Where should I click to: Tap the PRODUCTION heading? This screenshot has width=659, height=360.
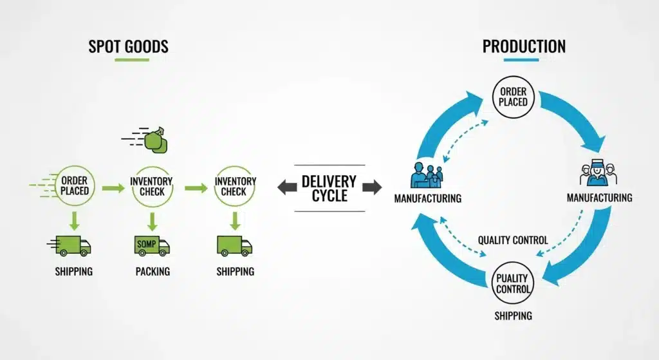click(524, 46)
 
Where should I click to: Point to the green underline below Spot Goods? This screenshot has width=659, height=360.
click(132, 60)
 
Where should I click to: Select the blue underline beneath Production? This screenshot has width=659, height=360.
click(521, 60)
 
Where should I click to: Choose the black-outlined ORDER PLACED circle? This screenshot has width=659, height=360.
click(513, 97)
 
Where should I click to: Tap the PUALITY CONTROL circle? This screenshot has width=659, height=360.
click(513, 284)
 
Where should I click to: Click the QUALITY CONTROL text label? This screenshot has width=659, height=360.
click(513, 240)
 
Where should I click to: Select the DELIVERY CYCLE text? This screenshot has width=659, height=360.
click(329, 188)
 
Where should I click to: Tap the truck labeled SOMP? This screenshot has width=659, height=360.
click(152, 245)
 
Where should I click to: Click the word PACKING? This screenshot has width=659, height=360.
click(153, 271)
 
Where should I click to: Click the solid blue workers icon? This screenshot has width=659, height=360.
click(427, 176)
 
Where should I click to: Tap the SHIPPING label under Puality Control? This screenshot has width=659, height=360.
click(513, 316)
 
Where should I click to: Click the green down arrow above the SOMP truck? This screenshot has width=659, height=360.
click(152, 221)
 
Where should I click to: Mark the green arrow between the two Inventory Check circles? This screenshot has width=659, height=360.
click(196, 188)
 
